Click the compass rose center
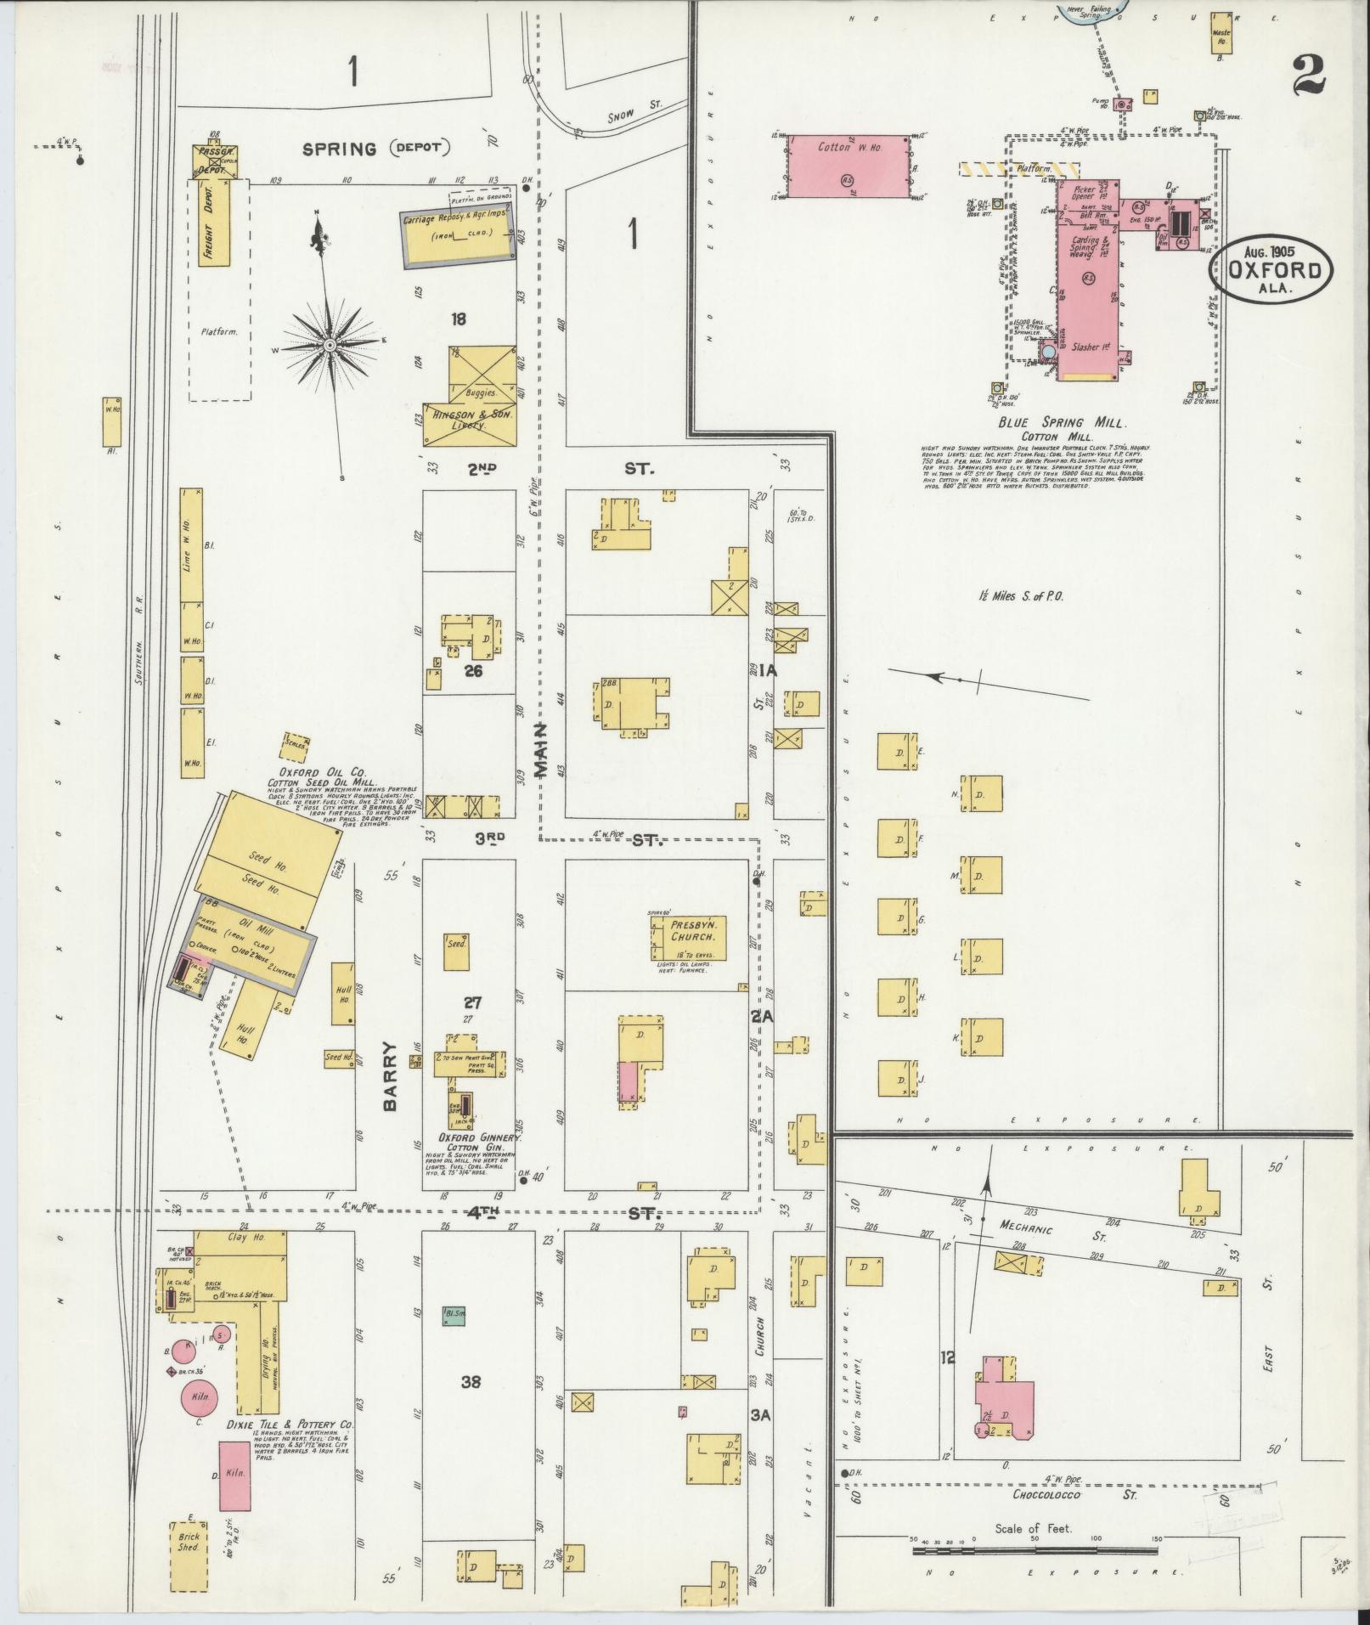click(330, 345)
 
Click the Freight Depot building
click(210, 222)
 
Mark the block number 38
click(471, 1382)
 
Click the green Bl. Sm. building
click(454, 1316)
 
